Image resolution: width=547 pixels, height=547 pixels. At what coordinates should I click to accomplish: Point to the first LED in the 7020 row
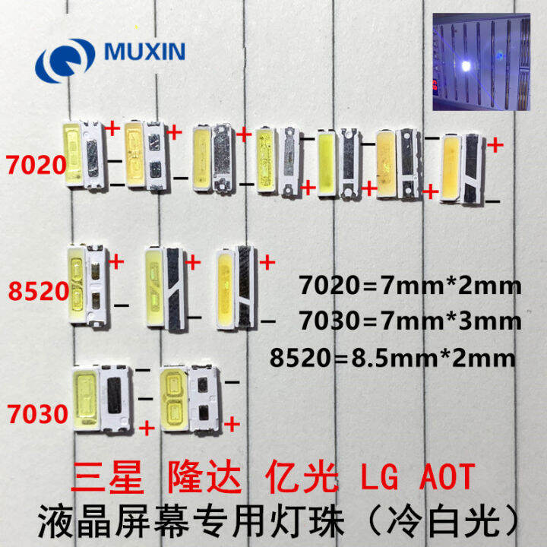coord(84,154)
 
